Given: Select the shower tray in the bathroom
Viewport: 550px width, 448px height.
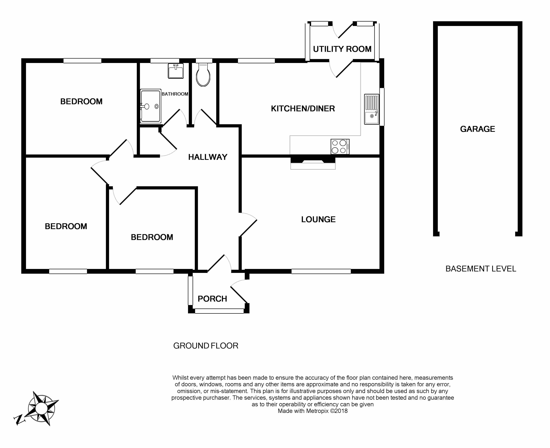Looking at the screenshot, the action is pos(151,106).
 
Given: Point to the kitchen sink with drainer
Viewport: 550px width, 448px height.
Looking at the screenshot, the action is pos(372,109).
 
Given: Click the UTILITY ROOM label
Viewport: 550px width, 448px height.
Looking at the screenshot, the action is pos(342,49).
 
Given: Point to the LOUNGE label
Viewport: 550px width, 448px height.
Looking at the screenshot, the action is pos(318,219).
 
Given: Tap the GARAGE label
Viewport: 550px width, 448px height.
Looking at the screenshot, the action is pos(478,129).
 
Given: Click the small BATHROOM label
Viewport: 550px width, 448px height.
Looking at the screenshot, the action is pos(175,94).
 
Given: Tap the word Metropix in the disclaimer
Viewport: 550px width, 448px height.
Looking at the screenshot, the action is pos(317,411).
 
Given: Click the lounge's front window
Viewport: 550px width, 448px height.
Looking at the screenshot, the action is pos(321,271).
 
